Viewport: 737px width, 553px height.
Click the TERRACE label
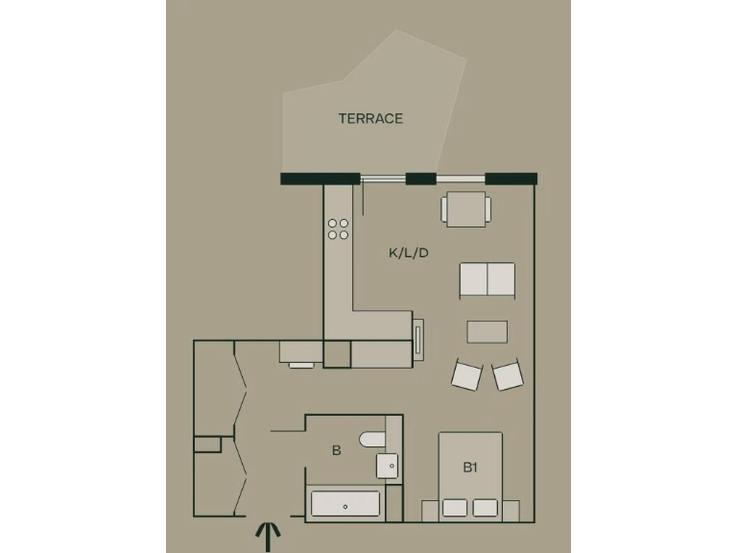pyautogui.click(x=370, y=119)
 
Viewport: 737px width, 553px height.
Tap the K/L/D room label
pyautogui.click(x=408, y=253)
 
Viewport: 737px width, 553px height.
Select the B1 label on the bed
pyautogui.click(x=470, y=468)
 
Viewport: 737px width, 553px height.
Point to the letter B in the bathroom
pyautogui.click(x=336, y=449)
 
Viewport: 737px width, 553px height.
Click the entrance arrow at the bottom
pyautogui.click(x=268, y=536)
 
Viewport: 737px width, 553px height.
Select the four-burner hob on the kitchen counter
pyautogui.click(x=338, y=228)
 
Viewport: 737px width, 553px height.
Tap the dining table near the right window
pyautogui.click(x=466, y=209)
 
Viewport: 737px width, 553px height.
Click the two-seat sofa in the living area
pyautogui.click(x=487, y=278)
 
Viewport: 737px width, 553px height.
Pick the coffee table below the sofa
pyautogui.click(x=487, y=331)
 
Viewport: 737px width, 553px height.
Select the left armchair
pyautogui.click(x=466, y=374)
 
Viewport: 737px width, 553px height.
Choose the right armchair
pyautogui.click(x=508, y=374)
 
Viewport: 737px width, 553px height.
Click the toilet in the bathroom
pyautogui.click(x=372, y=440)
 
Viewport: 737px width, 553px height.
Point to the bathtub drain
pyautogui.click(x=345, y=505)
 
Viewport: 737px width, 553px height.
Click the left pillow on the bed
pyautogui.click(x=456, y=508)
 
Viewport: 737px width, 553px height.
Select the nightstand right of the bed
pyautogui.click(x=511, y=511)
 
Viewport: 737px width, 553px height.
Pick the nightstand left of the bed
pyautogui.click(x=430, y=511)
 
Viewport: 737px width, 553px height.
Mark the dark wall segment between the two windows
pyautogui.click(x=420, y=179)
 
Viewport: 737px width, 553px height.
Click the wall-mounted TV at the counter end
pyautogui.click(x=417, y=340)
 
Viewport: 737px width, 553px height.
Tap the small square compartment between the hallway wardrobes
pyautogui.click(x=207, y=445)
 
